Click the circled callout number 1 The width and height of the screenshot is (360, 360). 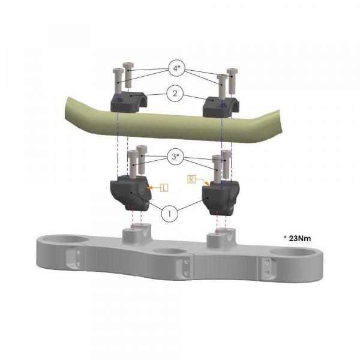point(169,214)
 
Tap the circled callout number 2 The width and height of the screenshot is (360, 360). point(175,94)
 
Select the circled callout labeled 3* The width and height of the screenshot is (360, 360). point(175,157)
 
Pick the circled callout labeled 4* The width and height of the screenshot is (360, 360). point(176,68)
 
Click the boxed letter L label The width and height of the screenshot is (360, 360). point(164,188)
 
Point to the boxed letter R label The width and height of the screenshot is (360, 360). point(191,179)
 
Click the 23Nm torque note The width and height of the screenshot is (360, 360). point(298,239)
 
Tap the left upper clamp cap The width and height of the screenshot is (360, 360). point(129,102)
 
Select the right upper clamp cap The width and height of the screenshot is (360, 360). point(221,107)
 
